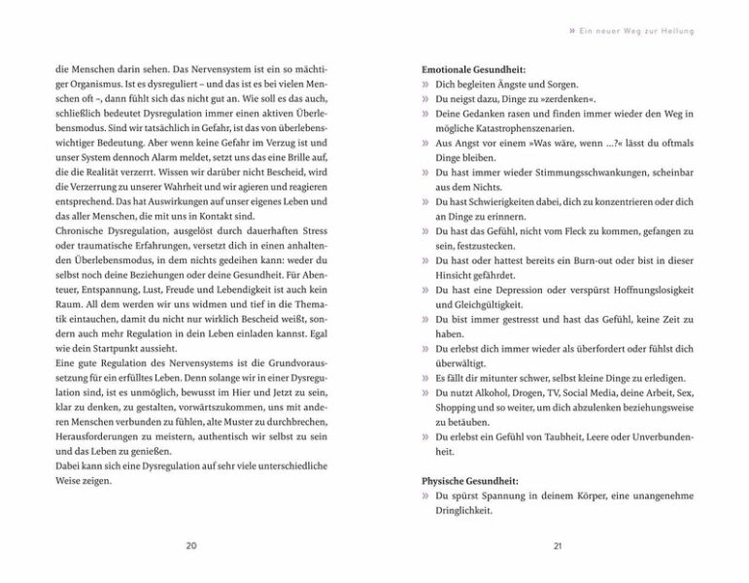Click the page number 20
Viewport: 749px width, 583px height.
coord(190,546)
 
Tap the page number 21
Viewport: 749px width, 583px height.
coord(558,546)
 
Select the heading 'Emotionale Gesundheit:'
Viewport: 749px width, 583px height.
coord(474,70)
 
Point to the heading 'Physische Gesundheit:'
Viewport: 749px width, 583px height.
coord(470,481)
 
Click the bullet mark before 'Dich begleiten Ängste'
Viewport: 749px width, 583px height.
coord(426,85)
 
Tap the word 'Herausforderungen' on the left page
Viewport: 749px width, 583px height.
coord(100,436)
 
